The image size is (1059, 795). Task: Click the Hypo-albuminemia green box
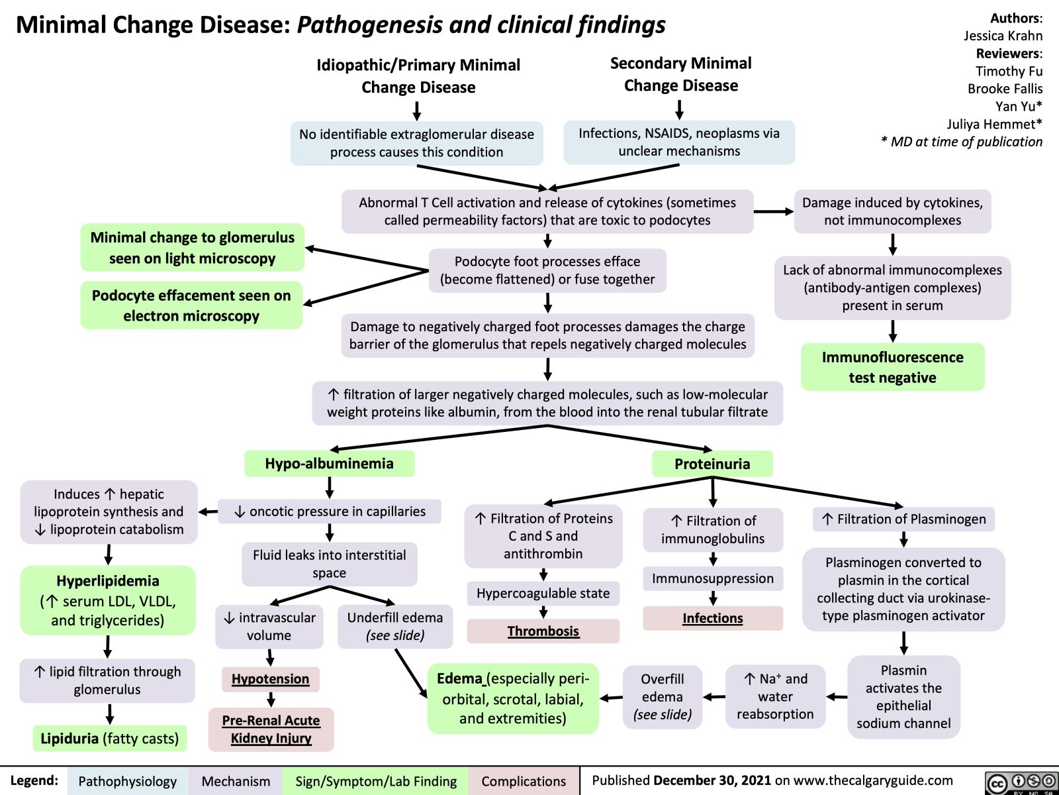coord(329,464)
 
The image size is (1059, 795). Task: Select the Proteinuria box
coord(712,464)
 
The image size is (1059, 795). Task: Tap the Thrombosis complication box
coord(543,631)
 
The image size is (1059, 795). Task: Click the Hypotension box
coord(270,679)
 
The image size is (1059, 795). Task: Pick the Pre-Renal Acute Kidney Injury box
coord(271,729)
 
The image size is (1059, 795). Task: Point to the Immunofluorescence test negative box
coord(892,367)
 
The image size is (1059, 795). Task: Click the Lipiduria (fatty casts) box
coord(110,738)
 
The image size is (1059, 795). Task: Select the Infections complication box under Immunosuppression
coord(712,618)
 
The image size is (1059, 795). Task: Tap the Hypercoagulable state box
coord(543,593)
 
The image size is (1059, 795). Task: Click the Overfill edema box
coord(662,696)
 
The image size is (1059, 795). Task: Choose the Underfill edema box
coord(394,626)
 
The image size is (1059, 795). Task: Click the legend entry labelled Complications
coord(523,781)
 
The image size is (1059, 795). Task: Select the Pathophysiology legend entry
coord(127,781)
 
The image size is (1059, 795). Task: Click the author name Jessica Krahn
coord(1003,36)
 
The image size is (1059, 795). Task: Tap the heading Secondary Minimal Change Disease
coord(680,74)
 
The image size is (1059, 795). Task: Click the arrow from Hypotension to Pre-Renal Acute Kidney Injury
coord(271,700)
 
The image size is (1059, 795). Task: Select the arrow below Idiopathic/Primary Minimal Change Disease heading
coord(417,110)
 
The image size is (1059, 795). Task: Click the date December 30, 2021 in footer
coord(712,780)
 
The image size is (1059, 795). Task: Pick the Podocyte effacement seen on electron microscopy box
coord(191,305)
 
